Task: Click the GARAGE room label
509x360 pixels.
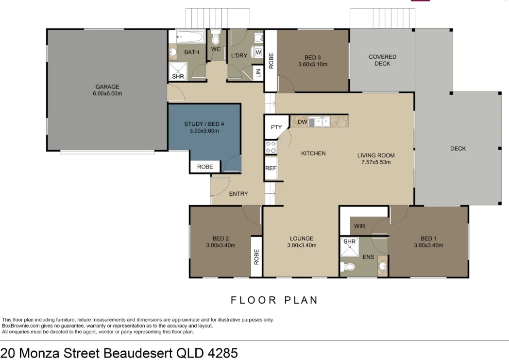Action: point(107,87)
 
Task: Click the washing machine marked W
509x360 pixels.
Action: point(258,52)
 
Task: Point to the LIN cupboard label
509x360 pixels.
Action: point(258,73)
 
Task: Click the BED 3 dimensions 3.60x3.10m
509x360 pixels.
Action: point(313,64)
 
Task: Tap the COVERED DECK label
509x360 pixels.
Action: point(382,60)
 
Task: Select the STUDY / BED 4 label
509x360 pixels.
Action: point(204,124)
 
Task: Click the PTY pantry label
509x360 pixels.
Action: point(276,127)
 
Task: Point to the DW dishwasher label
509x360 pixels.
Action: point(302,122)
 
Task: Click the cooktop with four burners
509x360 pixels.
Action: point(270,147)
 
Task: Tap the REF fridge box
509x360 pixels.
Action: point(271,169)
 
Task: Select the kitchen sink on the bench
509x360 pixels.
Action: point(321,122)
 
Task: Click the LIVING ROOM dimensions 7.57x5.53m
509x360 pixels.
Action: point(376,162)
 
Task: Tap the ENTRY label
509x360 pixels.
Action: point(238,194)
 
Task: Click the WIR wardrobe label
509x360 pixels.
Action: point(359,226)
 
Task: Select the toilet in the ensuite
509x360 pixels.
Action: point(348,267)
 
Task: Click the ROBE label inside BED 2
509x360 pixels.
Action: point(256,257)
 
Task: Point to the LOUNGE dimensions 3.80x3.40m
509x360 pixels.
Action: point(302,245)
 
